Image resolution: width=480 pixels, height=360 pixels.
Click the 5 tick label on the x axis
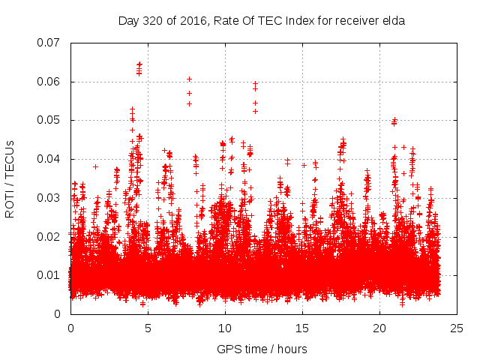click(x=148, y=328)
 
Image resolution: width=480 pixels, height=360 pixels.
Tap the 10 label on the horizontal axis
click(x=225, y=328)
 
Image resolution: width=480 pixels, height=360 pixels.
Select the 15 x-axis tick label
click(x=302, y=328)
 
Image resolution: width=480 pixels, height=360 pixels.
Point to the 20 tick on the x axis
click(x=379, y=328)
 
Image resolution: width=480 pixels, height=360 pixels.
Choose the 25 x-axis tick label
click(x=457, y=328)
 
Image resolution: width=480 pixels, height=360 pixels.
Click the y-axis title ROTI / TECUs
click(x=10, y=178)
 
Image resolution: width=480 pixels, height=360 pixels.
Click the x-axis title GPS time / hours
click(x=262, y=349)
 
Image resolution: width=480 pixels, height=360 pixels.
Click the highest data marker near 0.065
click(x=139, y=64)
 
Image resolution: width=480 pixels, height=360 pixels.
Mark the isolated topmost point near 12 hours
click(x=256, y=84)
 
